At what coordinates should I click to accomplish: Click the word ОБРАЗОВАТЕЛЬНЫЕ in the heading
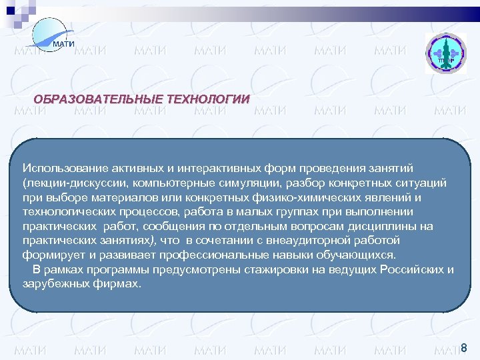click(97, 99)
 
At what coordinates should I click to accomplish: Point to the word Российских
click(413, 269)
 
